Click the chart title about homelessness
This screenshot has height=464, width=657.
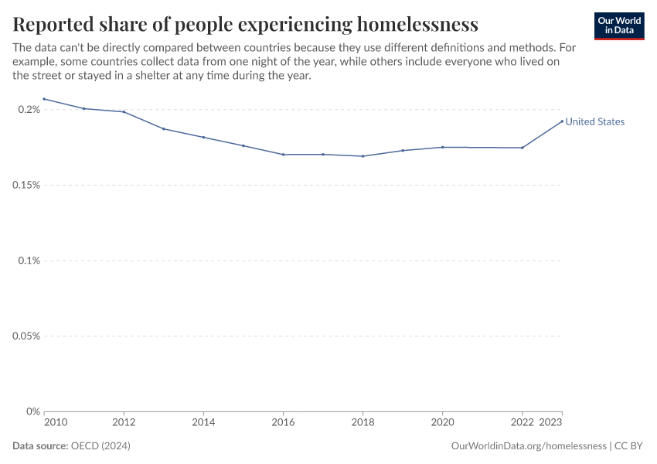(245, 24)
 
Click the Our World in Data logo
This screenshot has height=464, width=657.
(618, 26)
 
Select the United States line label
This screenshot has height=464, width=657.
(594, 121)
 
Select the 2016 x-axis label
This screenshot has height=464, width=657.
(283, 423)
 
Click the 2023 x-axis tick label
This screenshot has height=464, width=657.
(550, 423)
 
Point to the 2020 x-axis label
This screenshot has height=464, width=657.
(442, 423)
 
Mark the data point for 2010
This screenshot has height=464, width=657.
(44, 99)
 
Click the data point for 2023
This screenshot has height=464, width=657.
(562, 121)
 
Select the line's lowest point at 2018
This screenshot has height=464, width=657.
(363, 156)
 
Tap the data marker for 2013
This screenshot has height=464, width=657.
(164, 128)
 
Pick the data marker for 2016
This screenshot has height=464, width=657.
(283, 155)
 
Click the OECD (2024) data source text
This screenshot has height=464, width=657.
(100, 446)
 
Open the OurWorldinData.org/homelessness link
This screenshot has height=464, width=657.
(528, 446)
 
